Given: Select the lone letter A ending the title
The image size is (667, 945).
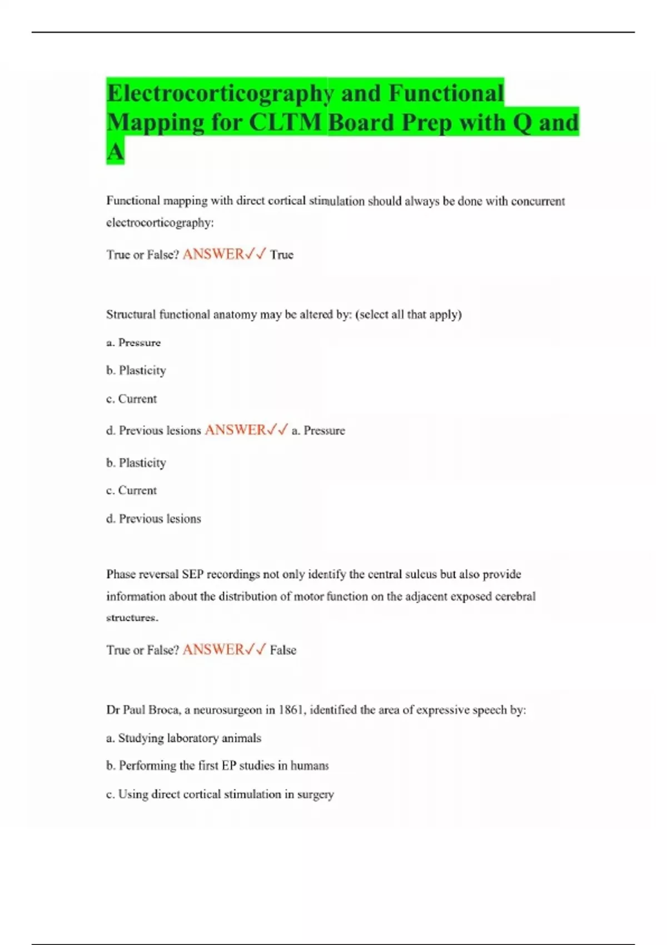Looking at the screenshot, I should (x=115, y=151).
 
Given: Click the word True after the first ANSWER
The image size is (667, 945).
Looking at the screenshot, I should (x=281, y=255).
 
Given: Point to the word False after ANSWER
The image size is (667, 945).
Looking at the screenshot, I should (x=283, y=650).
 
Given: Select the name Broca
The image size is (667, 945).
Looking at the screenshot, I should (x=165, y=710).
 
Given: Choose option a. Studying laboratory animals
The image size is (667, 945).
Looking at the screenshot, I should (x=183, y=738).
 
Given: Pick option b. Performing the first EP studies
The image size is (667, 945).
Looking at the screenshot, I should (x=217, y=766).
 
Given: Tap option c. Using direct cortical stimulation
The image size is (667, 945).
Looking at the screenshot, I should (x=220, y=794).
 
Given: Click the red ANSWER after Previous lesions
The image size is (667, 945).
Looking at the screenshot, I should (x=235, y=430).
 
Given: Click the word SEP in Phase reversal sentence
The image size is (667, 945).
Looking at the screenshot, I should (x=192, y=574).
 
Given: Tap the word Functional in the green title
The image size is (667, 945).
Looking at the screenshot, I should (x=446, y=93).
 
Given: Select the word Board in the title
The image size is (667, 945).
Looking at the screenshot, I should (x=361, y=123).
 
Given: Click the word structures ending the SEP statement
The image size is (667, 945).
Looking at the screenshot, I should (x=132, y=618).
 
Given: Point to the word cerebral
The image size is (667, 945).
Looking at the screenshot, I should (x=515, y=596).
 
